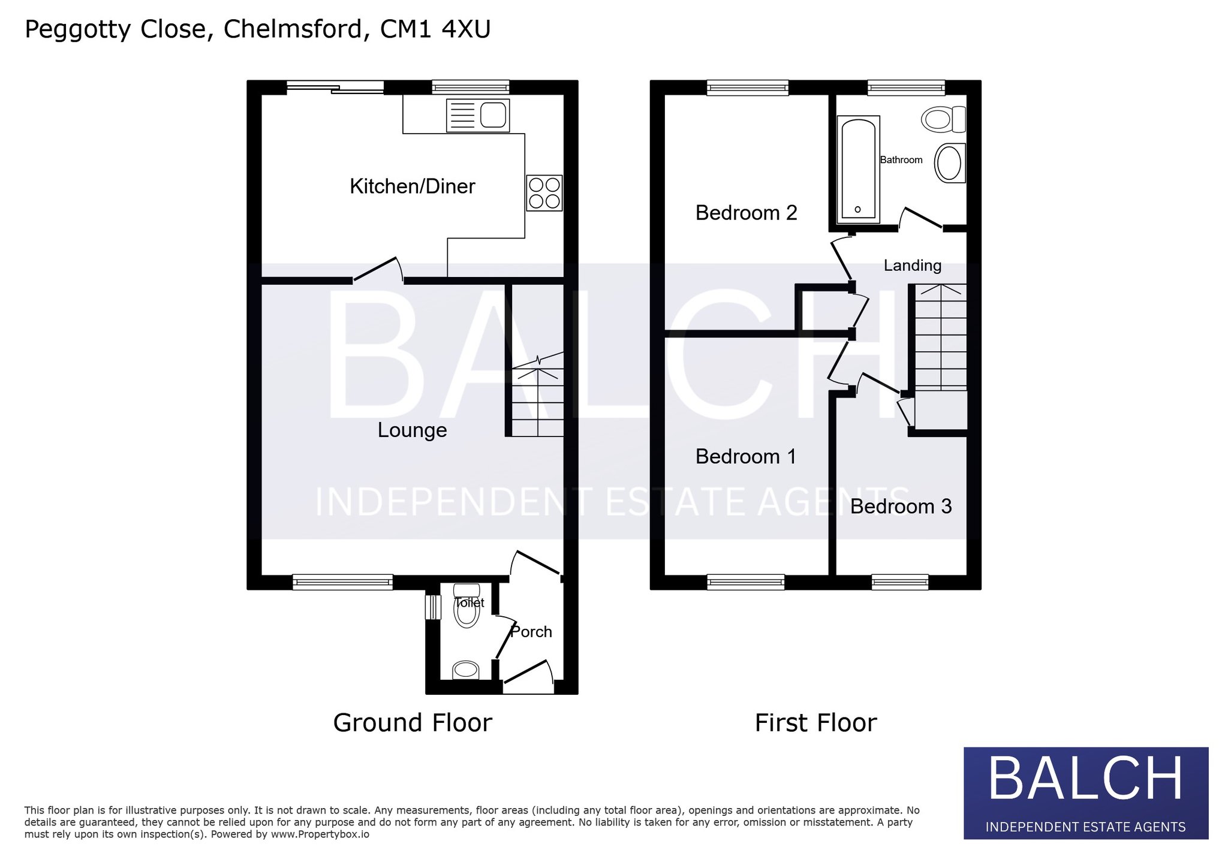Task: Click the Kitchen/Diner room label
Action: (x=413, y=186)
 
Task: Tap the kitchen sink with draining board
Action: (x=478, y=115)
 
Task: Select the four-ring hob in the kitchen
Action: (x=544, y=193)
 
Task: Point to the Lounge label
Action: (x=413, y=430)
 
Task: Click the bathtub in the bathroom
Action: (x=858, y=167)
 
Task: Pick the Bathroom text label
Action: (x=901, y=160)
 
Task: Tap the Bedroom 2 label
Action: (x=747, y=213)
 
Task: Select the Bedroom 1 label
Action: (x=746, y=457)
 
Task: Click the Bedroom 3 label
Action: (x=901, y=507)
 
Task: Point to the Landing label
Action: (x=913, y=266)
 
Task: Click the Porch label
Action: (x=531, y=632)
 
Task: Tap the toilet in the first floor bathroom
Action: (x=943, y=119)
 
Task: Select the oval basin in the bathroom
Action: (x=950, y=163)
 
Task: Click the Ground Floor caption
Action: (x=413, y=723)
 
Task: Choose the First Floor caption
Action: (x=815, y=723)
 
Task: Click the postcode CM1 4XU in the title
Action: (x=435, y=29)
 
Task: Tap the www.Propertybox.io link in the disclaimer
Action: (x=320, y=834)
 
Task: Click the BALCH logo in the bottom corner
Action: (x=1086, y=793)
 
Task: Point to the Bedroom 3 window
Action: (x=900, y=581)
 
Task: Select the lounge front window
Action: (x=343, y=581)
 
